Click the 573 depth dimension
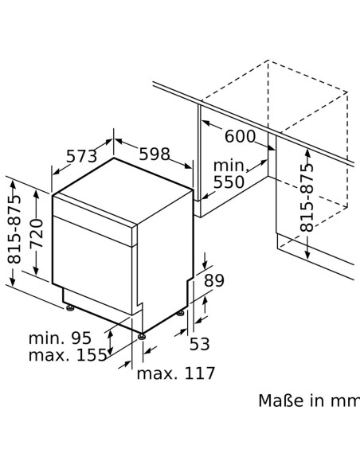click(81, 156)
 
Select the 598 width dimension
click(155, 154)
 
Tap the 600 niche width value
click(240, 136)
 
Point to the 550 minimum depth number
click(229, 182)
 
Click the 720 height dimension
click(37, 233)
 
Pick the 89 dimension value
click(214, 280)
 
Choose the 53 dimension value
click(199, 344)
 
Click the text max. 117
click(175, 373)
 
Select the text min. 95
click(60, 338)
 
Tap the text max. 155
click(68, 354)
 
